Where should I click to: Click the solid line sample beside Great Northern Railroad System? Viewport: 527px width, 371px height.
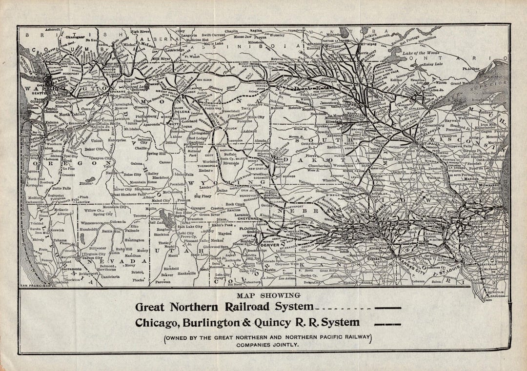tap(387, 308)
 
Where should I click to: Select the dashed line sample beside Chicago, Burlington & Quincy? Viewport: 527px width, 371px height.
tap(387, 324)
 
